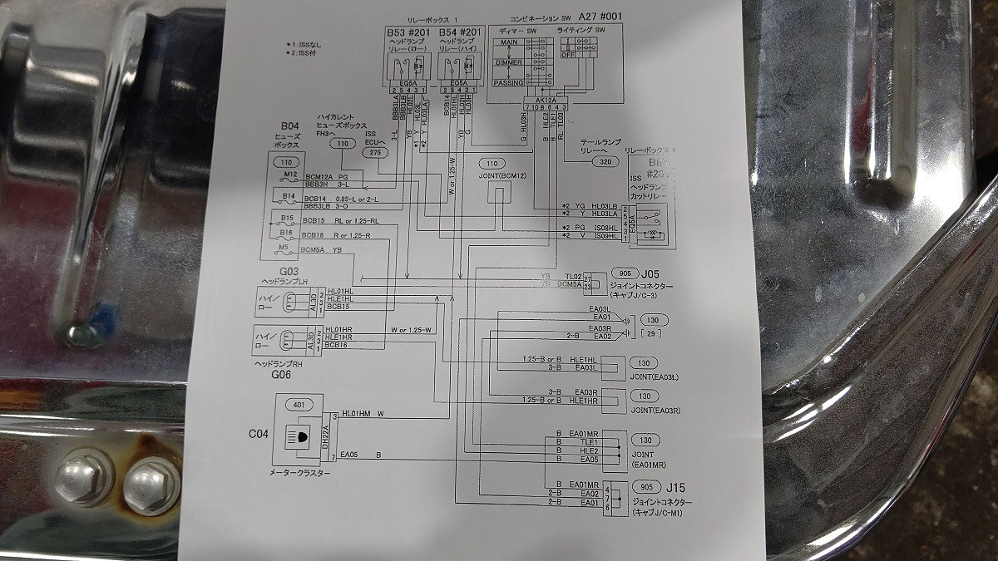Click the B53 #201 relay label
406,32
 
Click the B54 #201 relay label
460,32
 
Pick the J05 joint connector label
650,273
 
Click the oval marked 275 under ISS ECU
375,152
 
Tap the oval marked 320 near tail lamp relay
606,162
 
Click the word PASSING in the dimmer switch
507,83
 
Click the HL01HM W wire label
361,413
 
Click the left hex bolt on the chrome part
83,478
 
